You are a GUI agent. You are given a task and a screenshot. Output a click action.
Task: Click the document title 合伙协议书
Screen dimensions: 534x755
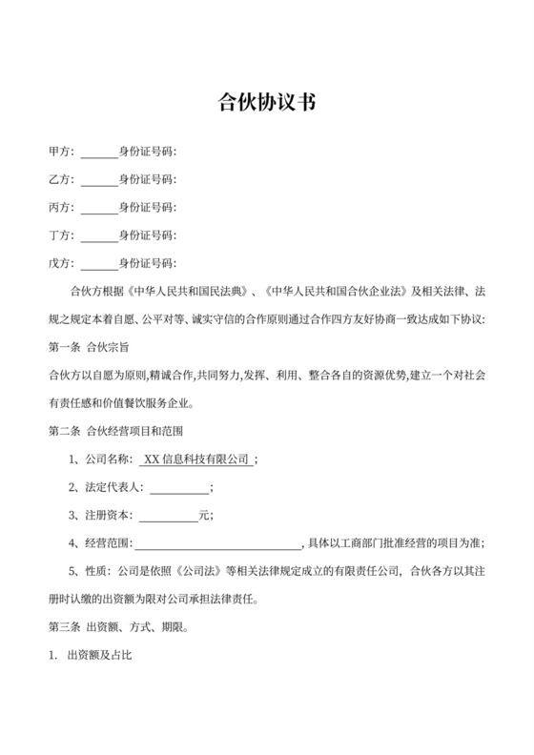[x=266, y=101]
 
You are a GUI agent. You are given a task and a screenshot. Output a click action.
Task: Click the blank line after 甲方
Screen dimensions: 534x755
[x=99, y=153]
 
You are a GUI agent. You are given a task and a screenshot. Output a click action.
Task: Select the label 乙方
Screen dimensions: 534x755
[x=58, y=179]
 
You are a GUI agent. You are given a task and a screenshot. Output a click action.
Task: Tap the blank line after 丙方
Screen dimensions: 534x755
[x=99, y=208]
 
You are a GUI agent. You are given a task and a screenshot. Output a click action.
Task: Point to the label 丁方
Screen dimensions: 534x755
[x=58, y=235]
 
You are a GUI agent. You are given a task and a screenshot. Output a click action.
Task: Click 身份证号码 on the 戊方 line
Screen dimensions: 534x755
[x=147, y=263]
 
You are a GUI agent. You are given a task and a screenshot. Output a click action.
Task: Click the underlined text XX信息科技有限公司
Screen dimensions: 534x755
[x=196, y=459]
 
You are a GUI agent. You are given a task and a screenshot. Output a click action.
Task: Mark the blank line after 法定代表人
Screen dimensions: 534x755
[x=179, y=488]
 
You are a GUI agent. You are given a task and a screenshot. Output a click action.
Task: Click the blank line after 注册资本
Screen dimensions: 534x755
[x=168, y=516]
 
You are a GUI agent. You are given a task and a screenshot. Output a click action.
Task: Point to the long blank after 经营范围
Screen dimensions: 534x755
[x=216, y=543]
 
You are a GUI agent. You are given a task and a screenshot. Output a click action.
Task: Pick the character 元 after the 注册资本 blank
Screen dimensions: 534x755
[x=202, y=516]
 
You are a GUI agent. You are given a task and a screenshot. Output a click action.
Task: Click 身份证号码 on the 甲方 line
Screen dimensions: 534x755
[x=147, y=153]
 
